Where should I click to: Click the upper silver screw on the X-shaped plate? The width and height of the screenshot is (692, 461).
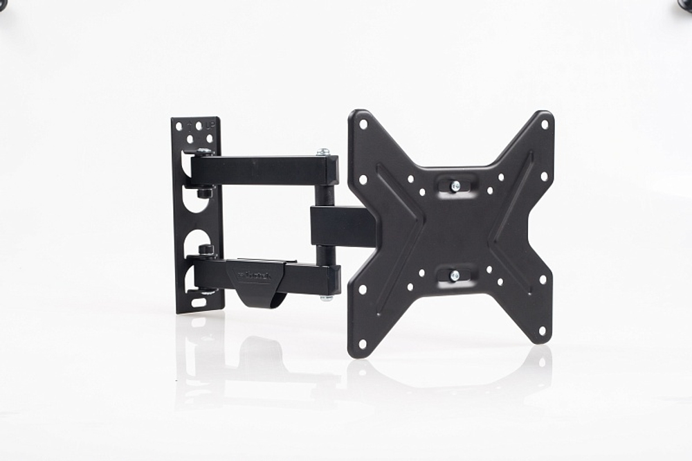tap(455, 186)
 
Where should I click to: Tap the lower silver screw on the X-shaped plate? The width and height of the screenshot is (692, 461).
tap(455, 275)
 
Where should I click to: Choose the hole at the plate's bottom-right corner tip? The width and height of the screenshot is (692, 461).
tap(543, 331)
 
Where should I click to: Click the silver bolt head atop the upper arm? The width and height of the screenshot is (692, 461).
tap(322, 152)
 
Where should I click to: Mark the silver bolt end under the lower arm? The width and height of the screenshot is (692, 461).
tap(325, 298)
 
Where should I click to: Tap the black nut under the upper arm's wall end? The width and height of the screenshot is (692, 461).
tap(204, 192)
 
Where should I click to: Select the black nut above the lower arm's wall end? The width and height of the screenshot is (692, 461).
tap(206, 248)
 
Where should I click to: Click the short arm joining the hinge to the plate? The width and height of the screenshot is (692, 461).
tap(343, 226)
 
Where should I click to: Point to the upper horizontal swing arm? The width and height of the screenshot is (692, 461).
tap(266, 170)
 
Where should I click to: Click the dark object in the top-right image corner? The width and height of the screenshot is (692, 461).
tap(685, 3)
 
